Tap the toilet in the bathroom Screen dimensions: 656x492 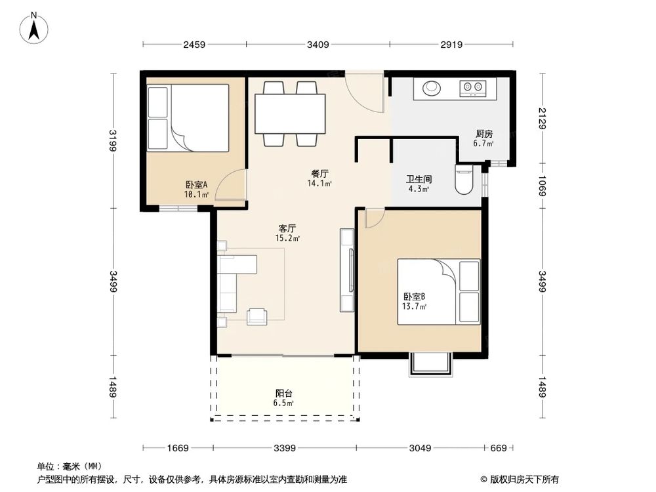point(463,180)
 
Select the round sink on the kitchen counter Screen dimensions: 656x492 point(432,88)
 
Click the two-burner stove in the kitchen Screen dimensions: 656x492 point(473,87)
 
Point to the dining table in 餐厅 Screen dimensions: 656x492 point(290,113)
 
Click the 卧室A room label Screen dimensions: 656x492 point(196,184)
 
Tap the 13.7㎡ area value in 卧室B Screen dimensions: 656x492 point(414,306)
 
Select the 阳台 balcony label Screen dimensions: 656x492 point(283,393)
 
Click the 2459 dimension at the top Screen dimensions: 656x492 point(194,45)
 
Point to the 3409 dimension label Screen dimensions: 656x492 point(318,45)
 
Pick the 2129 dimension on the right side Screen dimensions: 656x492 point(543,118)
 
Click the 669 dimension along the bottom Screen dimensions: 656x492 point(499,448)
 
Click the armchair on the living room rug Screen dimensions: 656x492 point(257,316)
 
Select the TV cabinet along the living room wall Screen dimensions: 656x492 point(347,270)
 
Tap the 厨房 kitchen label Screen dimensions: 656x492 point(484,134)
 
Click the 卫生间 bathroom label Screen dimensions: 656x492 point(419,180)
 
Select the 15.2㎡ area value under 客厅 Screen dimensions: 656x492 point(287,239)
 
